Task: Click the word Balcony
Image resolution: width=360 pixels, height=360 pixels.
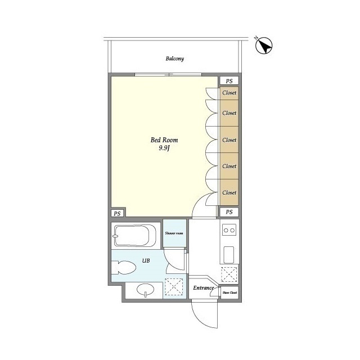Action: [x=175, y=58]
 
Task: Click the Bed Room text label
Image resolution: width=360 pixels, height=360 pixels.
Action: [x=160, y=140]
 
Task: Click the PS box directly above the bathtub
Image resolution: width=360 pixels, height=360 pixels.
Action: [x=117, y=213]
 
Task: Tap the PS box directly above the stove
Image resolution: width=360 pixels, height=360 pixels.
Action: [x=229, y=212]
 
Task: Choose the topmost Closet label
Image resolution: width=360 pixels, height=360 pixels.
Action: [x=229, y=93]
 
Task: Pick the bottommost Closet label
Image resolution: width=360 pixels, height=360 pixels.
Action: [x=229, y=192]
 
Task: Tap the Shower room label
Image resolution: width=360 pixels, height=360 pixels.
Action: [x=173, y=233]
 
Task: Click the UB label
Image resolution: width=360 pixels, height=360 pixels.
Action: [x=145, y=260]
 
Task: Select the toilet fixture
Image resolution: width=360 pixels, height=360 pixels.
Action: [x=124, y=268]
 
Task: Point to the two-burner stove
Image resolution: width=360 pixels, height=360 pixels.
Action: [x=229, y=229]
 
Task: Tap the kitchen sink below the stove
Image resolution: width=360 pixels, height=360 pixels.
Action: [x=229, y=254]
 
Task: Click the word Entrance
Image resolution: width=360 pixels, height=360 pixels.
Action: [x=203, y=289]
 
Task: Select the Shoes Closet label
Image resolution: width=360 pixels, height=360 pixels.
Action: [x=229, y=292]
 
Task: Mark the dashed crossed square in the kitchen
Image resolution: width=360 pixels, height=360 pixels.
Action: [x=229, y=274]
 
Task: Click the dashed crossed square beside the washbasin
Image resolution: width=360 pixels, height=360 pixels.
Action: [x=174, y=288]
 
